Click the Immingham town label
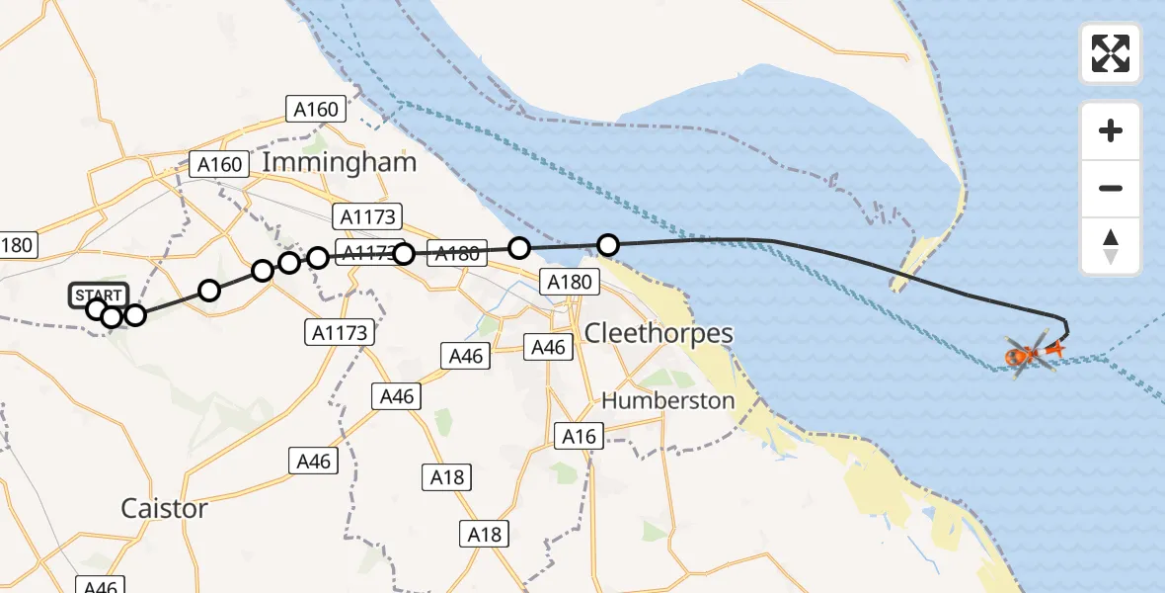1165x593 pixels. [x=340, y=162]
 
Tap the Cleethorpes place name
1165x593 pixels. [x=659, y=333]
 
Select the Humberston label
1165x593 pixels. [x=668, y=400]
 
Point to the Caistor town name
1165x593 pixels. [x=164, y=508]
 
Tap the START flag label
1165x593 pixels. [x=99, y=295]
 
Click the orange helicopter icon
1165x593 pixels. [x=1027, y=352]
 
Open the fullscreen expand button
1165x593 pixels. [x=1111, y=52]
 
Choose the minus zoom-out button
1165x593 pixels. [x=1111, y=188]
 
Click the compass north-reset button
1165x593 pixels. [x=1111, y=246]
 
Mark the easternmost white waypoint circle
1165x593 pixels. [x=608, y=244]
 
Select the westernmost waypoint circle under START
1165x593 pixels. [x=97, y=309]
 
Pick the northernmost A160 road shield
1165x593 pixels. [x=316, y=110]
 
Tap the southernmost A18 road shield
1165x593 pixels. [x=484, y=535]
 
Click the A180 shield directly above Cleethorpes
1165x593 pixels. [x=570, y=283]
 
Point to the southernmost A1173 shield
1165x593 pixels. [x=341, y=332]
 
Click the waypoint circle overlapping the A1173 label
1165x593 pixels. [x=403, y=254]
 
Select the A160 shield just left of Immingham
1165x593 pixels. [x=219, y=164]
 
